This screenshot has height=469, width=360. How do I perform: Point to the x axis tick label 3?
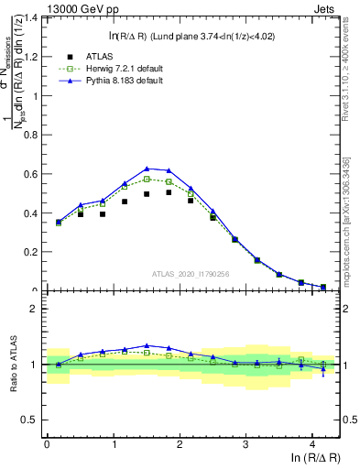click(x=245, y=444)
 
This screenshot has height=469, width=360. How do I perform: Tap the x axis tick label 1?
click(x=113, y=444)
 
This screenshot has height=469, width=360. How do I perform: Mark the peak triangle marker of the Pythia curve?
click(x=147, y=169)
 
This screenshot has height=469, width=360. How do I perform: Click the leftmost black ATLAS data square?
click(x=59, y=222)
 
